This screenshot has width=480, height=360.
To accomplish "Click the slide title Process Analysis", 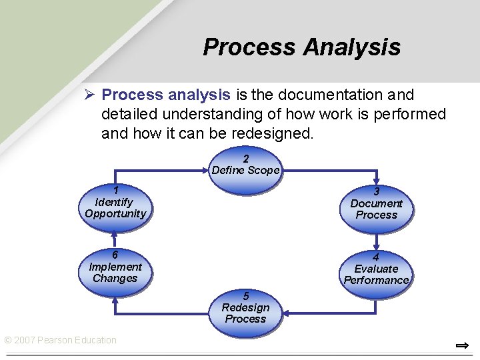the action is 301,47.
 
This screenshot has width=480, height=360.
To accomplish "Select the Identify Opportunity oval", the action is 115,207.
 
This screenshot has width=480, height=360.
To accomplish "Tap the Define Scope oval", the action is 245,165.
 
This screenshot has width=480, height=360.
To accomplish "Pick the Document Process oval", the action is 376,209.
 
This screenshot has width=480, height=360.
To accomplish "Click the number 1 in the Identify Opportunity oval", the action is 115,190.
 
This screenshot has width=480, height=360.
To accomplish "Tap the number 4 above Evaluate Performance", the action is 376,257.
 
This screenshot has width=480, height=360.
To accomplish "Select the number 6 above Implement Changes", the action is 115,255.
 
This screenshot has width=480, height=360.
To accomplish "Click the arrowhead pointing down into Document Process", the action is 377,181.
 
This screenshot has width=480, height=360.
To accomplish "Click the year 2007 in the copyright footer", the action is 25,340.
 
